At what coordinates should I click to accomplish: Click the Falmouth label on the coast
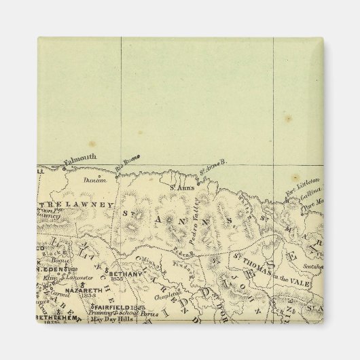tap(80, 158)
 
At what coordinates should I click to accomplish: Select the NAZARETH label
tap(83, 289)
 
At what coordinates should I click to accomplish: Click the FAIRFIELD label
tap(110, 307)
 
